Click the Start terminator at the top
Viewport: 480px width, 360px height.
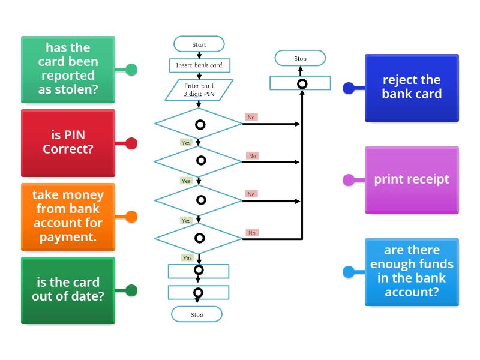199,44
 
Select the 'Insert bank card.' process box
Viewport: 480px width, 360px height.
199,65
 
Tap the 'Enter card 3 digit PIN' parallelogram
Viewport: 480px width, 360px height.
199,90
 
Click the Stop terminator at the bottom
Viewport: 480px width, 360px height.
197,314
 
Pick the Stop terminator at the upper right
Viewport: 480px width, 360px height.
300,58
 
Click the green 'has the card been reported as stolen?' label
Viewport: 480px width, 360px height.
68,69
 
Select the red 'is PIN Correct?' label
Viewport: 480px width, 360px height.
68,143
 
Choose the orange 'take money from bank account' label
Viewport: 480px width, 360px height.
68,216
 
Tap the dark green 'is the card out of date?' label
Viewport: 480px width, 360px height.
68,290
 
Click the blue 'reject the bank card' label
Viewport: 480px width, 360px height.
412,88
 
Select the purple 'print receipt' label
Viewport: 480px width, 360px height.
412,179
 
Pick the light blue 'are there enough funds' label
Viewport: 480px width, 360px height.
412,271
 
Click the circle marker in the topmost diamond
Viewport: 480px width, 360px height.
200,125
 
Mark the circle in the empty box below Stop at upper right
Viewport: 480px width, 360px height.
302,83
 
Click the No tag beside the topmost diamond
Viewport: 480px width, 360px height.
251,117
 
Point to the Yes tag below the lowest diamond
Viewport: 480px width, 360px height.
187,258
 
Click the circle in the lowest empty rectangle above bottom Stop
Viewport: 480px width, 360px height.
199,293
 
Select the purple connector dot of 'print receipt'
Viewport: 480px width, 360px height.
349,179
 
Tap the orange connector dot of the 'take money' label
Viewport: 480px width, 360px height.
131,217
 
